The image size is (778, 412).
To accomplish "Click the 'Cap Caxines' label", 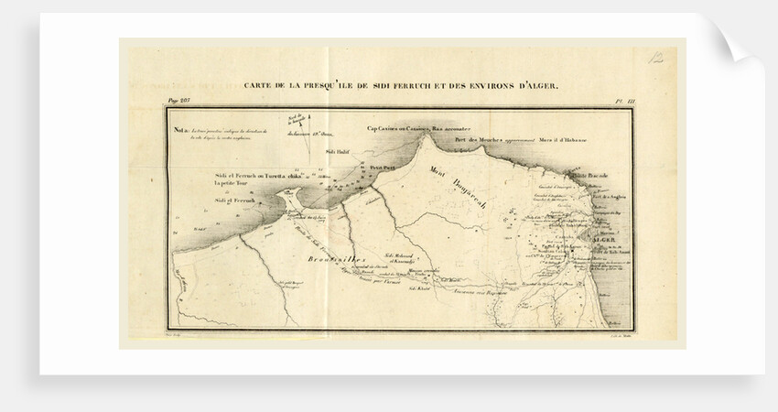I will coord(390,129).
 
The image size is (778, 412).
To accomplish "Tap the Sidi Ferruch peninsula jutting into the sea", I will coord(291,197).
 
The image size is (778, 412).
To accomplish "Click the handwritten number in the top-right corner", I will coord(656,59).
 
